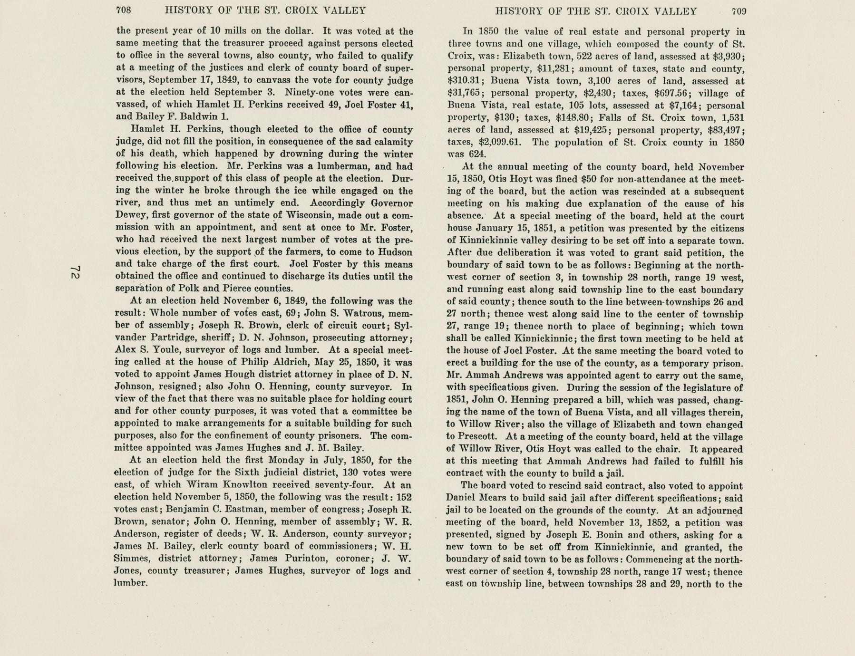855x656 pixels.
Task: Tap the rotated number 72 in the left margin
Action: [75, 273]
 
